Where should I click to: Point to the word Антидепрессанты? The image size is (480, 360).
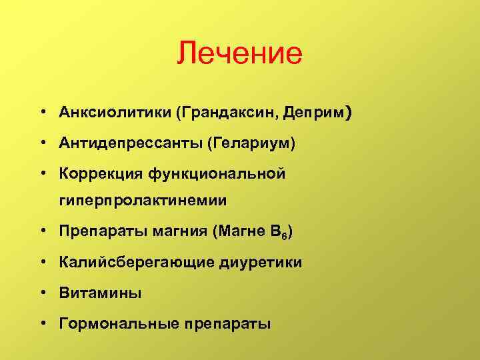tap(130, 143)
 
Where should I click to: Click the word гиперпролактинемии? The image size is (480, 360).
tap(143, 200)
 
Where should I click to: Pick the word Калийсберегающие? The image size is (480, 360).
tap(133, 262)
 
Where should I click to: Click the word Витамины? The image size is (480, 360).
tap(99, 293)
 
